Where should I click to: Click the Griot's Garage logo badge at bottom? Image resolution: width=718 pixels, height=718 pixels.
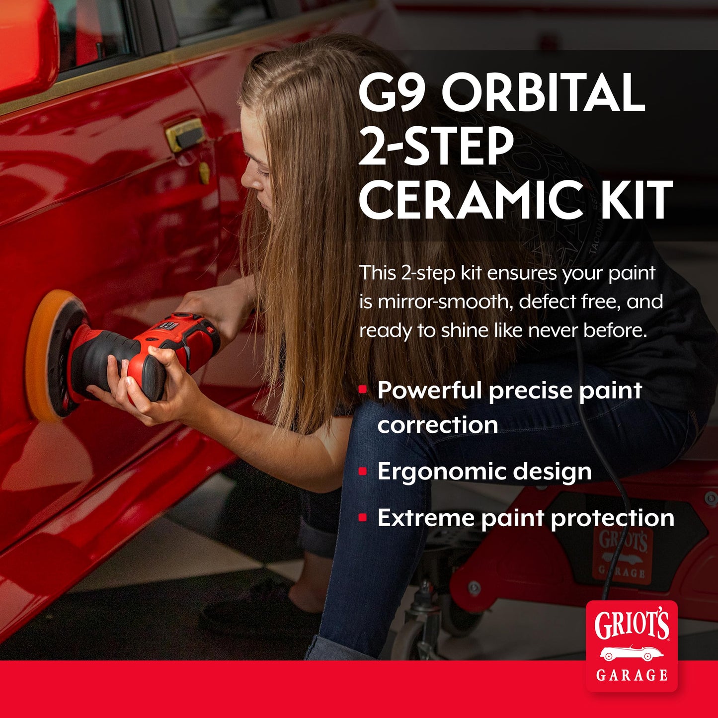coord(631,646)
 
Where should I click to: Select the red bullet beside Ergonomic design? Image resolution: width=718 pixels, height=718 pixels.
coord(363,471)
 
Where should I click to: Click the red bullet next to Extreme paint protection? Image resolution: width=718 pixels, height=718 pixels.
coord(363,518)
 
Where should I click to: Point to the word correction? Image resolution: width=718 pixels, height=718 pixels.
coord(437,425)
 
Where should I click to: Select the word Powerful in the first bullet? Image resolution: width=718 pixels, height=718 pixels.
coord(430,390)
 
